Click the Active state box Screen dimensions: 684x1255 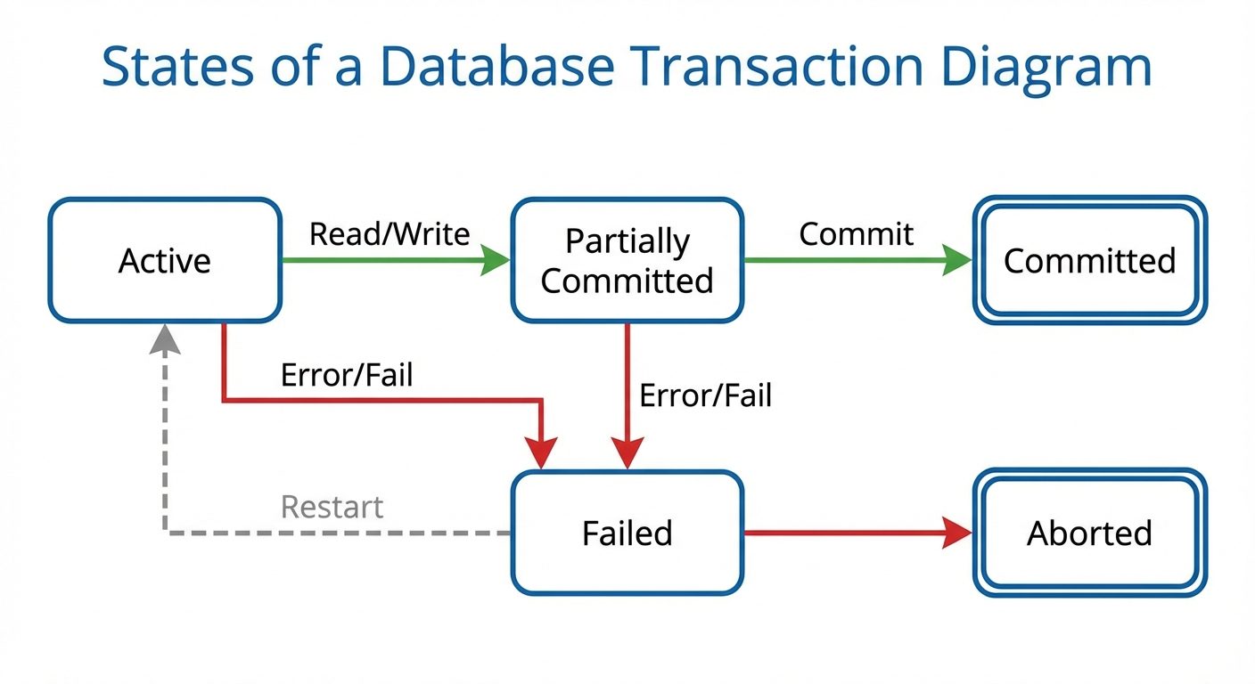pos(165,260)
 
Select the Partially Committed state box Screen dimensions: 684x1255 pos(627,260)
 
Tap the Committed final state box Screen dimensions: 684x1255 pos(1089,260)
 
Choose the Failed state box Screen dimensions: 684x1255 pos(627,533)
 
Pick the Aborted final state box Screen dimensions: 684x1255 pos(1089,533)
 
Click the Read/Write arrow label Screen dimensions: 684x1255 pos(389,234)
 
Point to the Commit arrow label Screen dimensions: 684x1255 pos(856,234)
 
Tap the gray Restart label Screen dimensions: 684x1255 pos(332,507)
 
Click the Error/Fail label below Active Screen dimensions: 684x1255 pos(347,375)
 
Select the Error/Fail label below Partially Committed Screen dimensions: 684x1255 pos(705,395)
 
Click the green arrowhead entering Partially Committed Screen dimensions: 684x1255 pos(496,260)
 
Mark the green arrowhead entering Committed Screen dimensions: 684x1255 pos(958,260)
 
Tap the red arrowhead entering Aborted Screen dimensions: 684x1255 pos(958,533)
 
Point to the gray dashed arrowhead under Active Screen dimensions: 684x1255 pos(165,339)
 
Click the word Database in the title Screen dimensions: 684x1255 pos(496,68)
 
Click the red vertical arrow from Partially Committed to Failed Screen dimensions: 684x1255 pos(627,392)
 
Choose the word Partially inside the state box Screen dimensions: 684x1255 pos(627,241)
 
